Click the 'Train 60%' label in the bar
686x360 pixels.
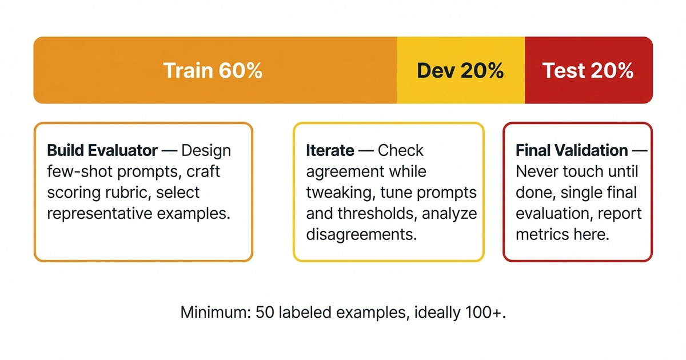click(x=213, y=71)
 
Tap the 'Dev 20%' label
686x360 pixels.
click(x=460, y=71)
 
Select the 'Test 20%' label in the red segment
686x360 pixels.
click(x=588, y=71)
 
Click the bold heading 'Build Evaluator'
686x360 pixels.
click(x=102, y=151)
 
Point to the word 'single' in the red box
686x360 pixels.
click(x=583, y=193)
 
